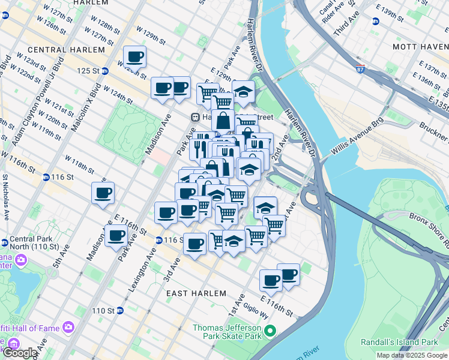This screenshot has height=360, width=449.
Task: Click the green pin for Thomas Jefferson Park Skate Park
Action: click(x=270, y=331)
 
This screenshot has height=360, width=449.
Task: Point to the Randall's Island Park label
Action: click(x=399, y=342)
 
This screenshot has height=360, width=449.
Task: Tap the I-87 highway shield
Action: click(x=360, y=70)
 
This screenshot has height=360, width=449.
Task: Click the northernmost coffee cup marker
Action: click(x=134, y=57)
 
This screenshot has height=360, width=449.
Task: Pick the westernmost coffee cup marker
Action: click(x=103, y=193)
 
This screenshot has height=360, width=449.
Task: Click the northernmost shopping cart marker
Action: click(x=207, y=93)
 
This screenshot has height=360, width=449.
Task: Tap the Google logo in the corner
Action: click(x=19, y=353)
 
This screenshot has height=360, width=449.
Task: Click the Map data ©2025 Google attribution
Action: click(x=411, y=355)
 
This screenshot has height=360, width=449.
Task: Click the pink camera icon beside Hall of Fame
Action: click(x=68, y=327)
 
